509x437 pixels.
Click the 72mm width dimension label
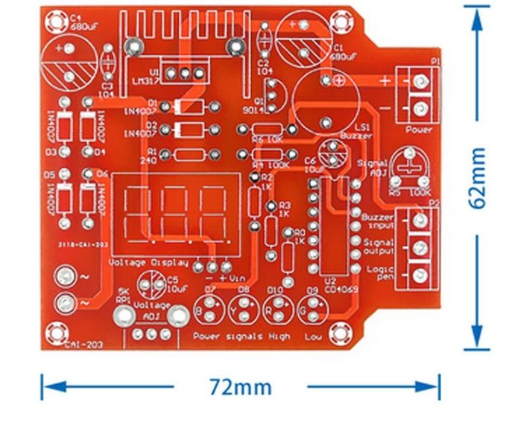point(241,387)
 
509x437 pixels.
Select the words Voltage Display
point(143,262)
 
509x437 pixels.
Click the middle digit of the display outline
point(176,210)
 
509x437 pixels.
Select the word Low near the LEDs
point(313,336)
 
